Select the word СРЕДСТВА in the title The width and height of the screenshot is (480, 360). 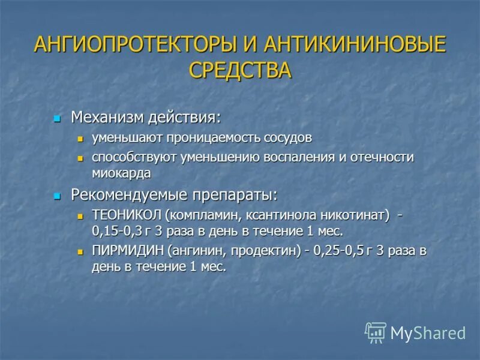click(x=240, y=70)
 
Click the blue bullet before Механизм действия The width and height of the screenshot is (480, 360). click(x=58, y=117)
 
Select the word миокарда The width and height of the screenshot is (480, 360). click(x=121, y=173)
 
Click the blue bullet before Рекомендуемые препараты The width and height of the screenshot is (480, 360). click(x=58, y=196)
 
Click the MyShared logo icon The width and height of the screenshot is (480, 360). click(x=376, y=332)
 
